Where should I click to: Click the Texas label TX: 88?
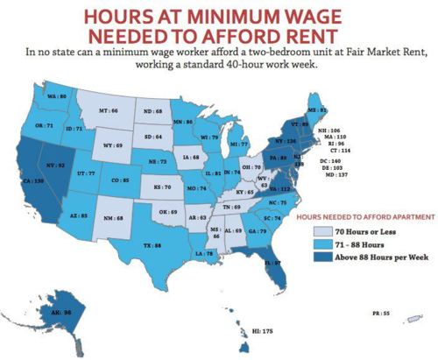(152, 246)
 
